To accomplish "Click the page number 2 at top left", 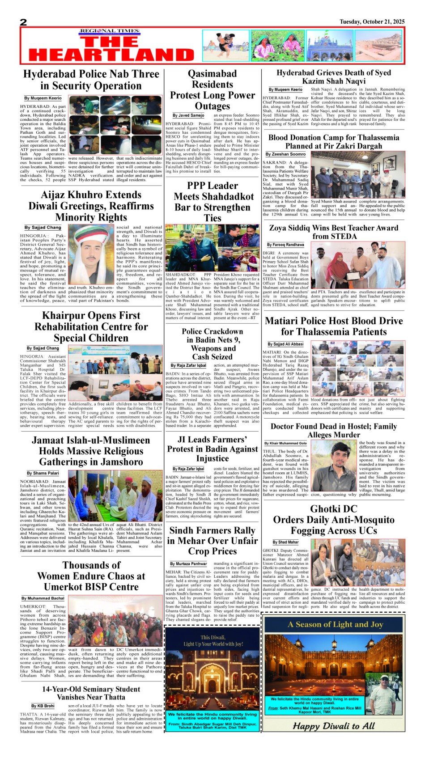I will pyautogui.click(x=24, y=22).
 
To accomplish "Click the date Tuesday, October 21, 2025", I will pyautogui.click(x=372, y=21).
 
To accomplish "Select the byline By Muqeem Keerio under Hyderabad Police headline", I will pyautogui.click(x=43, y=98).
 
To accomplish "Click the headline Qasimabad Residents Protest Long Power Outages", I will pyautogui.click(x=212, y=89).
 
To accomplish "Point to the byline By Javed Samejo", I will pyautogui.click(x=188, y=115).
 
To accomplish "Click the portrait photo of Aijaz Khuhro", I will pyautogui.click(x=91, y=254).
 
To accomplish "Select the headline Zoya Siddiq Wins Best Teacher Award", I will pyautogui.click(x=334, y=232).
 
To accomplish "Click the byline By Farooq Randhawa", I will pyautogui.click(x=285, y=245).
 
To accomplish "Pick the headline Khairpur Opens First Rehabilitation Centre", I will pyautogui.click(x=91, y=326).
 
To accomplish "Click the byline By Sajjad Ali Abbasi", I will pyautogui.click(x=285, y=344).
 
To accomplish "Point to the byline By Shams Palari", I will pyautogui.click(x=42, y=473).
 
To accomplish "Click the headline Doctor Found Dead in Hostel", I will pyautogui.click(x=334, y=430).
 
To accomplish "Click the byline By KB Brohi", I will pyautogui.click(x=43, y=706).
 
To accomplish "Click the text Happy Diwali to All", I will pyautogui.click(x=334, y=726).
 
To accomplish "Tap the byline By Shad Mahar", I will pyautogui.click(x=285, y=542).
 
